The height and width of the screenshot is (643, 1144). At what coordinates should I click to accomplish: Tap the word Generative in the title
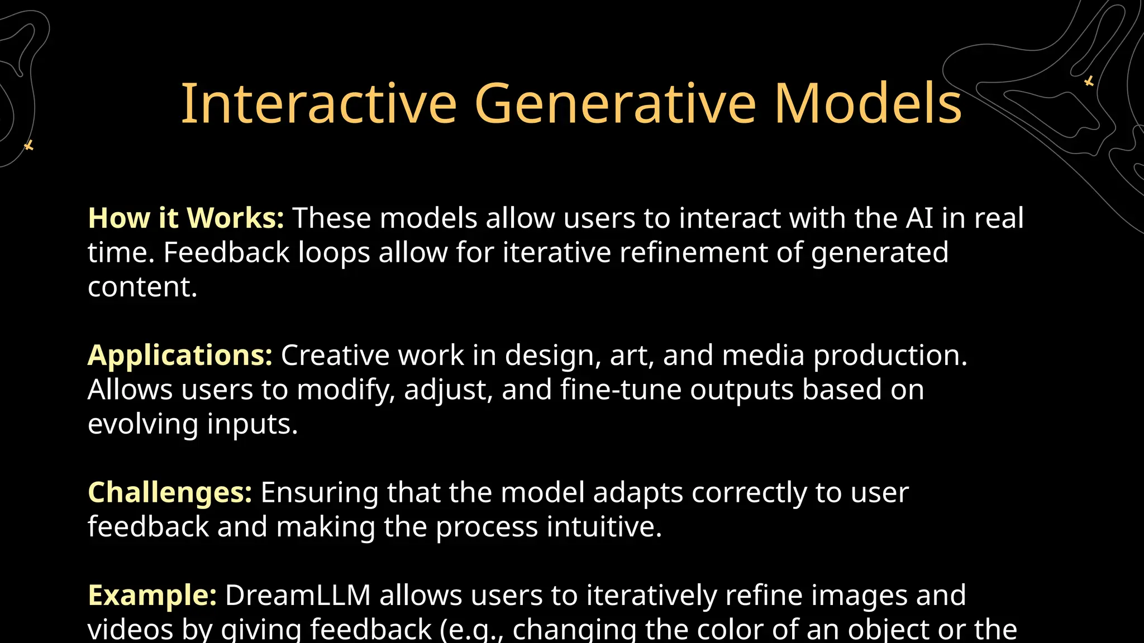(615, 104)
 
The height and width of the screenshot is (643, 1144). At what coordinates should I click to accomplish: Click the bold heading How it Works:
(186, 218)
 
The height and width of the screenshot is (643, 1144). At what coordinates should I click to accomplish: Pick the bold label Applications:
(180, 356)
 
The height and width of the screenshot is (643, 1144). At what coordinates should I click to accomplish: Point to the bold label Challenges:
(170, 493)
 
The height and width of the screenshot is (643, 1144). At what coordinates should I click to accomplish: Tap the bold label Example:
(152, 596)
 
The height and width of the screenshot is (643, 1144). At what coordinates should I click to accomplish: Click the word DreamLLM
(298, 596)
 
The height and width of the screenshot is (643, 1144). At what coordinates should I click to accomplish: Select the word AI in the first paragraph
(919, 218)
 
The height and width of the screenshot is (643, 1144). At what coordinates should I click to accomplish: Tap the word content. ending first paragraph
(142, 287)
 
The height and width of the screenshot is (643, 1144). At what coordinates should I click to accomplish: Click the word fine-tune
(621, 390)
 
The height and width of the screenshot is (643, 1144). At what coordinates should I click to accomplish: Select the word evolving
(143, 425)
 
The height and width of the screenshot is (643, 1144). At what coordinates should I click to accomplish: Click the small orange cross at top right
(1089, 81)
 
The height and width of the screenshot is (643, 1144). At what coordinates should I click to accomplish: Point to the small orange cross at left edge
(29, 146)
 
